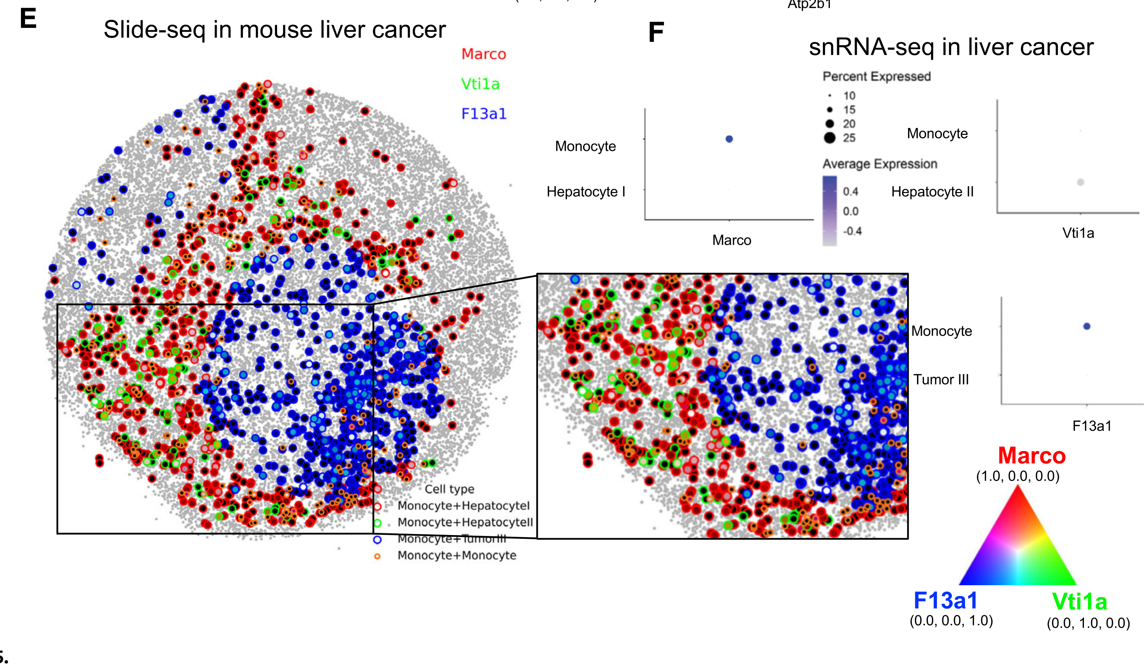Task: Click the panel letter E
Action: [x=28, y=19]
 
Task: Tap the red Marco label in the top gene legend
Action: [x=483, y=54]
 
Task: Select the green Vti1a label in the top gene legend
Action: [x=480, y=84]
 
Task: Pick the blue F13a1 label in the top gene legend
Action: [x=483, y=114]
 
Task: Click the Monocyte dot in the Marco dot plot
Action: [x=729, y=139]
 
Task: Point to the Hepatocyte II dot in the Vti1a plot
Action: [x=1080, y=182]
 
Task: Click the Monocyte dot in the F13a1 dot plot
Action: [x=1087, y=326]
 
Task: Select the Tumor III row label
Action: [x=941, y=379]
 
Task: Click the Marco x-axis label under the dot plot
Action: [x=731, y=240]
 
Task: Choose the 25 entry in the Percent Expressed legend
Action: [x=849, y=138]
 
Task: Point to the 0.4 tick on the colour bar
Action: [x=850, y=191]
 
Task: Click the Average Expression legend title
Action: [x=879, y=164]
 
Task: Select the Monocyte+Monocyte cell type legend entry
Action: [x=457, y=555]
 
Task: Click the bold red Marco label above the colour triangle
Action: [x=1031, y=456]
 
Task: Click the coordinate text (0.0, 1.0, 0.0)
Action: [x=1088, y=623]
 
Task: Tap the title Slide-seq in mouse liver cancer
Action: [x=274, y=30]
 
